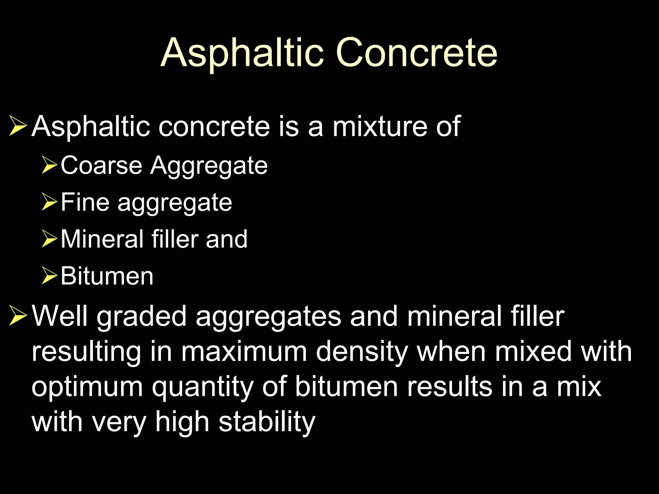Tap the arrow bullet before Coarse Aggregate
[49, 166]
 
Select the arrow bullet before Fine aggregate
[49, 203]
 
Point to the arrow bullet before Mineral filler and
[49, 240]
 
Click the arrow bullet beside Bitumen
[49, 277]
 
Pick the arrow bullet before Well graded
[18, 316]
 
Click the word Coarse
[101, 166]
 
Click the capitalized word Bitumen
[107, 277]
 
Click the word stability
[267, 423]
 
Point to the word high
[182, 422]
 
